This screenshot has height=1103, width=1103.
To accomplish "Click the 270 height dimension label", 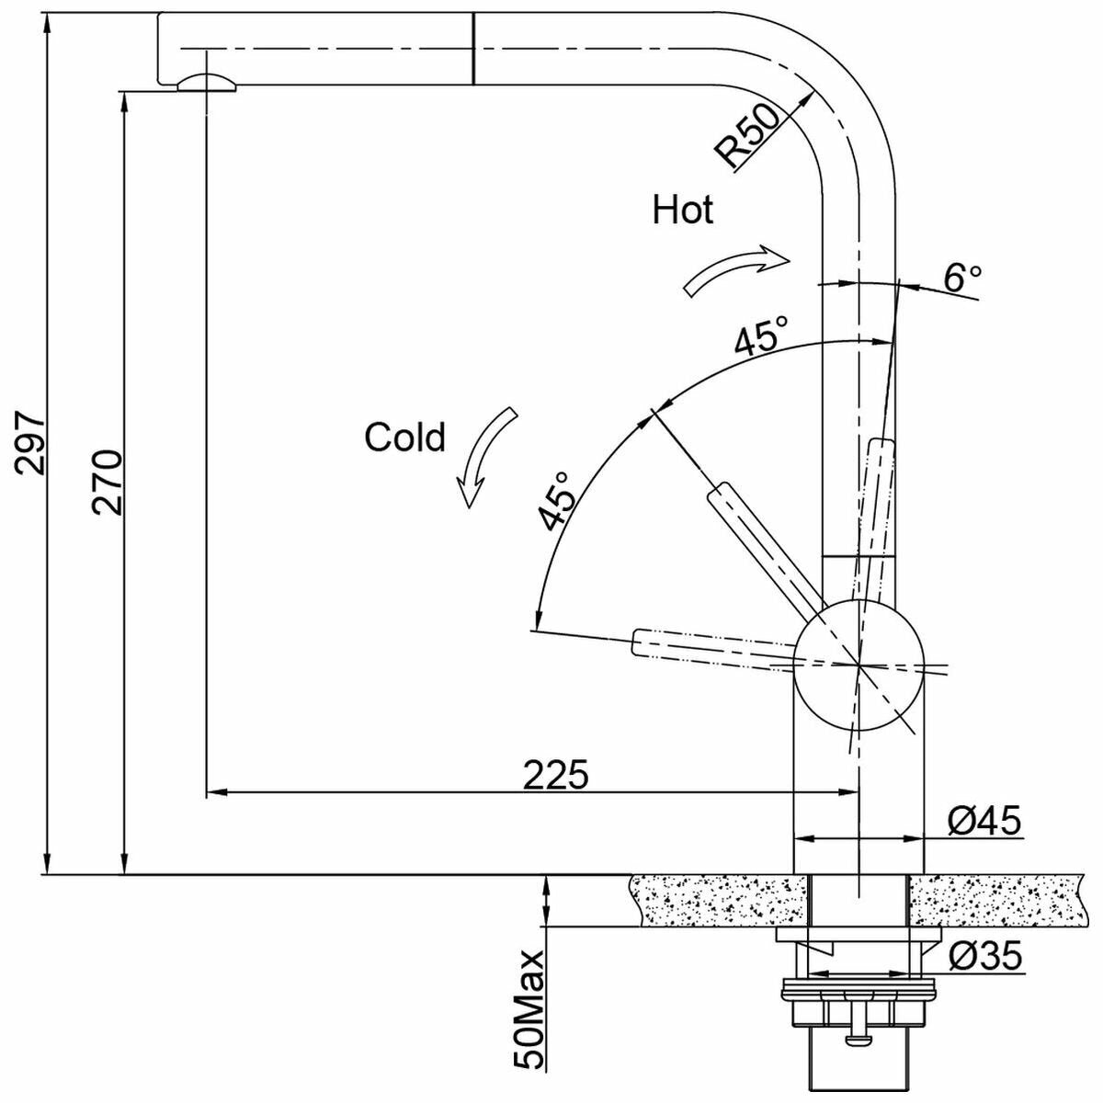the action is click(x=108, y=483).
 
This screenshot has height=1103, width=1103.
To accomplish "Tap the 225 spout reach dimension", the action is click(x=555, y=775).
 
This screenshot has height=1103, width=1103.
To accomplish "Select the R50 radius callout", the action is click(x=747, y=137).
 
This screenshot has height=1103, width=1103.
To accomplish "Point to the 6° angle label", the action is click(x=962, y=279).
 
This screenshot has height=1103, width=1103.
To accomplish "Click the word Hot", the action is click(x=683, y=210).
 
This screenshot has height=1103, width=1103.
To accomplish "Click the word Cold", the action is click(x=404, y=438).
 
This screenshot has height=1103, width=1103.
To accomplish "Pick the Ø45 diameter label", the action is click(x=984, y=821).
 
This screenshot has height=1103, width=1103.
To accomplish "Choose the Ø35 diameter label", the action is click(x=984, y=955).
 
